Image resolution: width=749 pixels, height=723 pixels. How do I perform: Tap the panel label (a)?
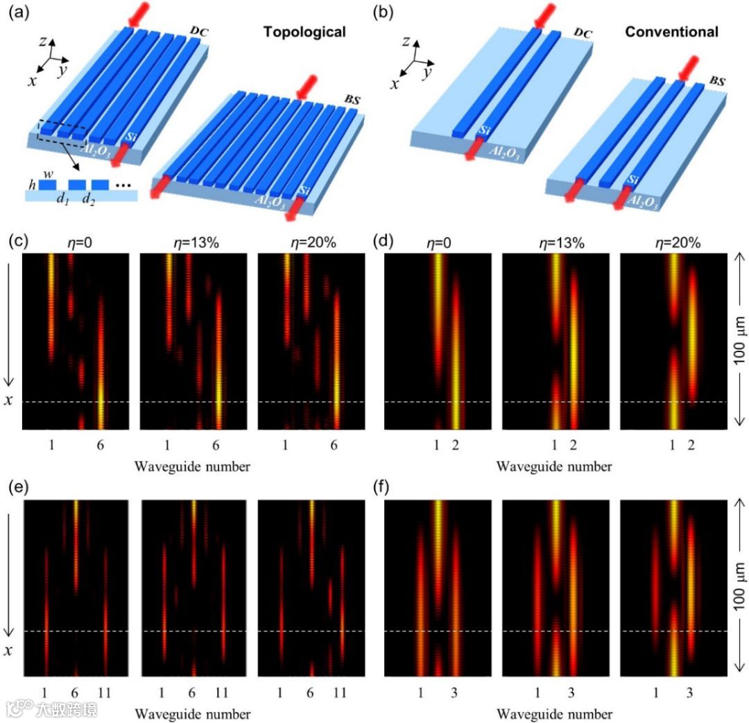pyautogui.click(x=17, y=12)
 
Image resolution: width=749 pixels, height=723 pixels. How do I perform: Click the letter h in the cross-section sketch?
pyautogui.click(x=31, y=185)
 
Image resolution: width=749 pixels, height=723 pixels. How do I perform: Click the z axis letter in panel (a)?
pyautogui.click(x=42, y=41)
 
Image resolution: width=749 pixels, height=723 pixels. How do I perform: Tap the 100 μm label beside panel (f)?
pyautogui.click(x=738, y=588)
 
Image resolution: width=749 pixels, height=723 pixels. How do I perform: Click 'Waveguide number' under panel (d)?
pyautogui.click(x=555, y=467)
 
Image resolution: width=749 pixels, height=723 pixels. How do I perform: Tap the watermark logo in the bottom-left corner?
pyautogui.click(x=21, y=708)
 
